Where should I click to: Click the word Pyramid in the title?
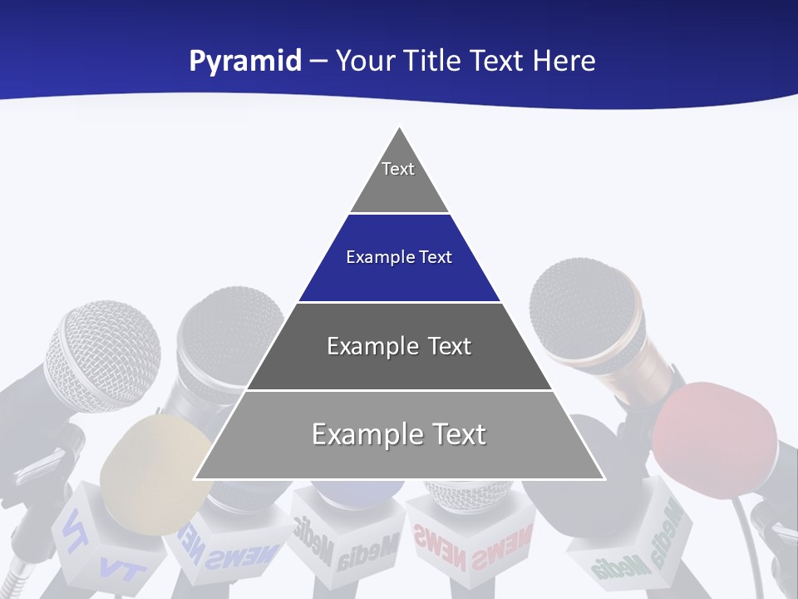click(x=245, y=62)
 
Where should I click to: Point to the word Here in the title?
click(x=564, y=62)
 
